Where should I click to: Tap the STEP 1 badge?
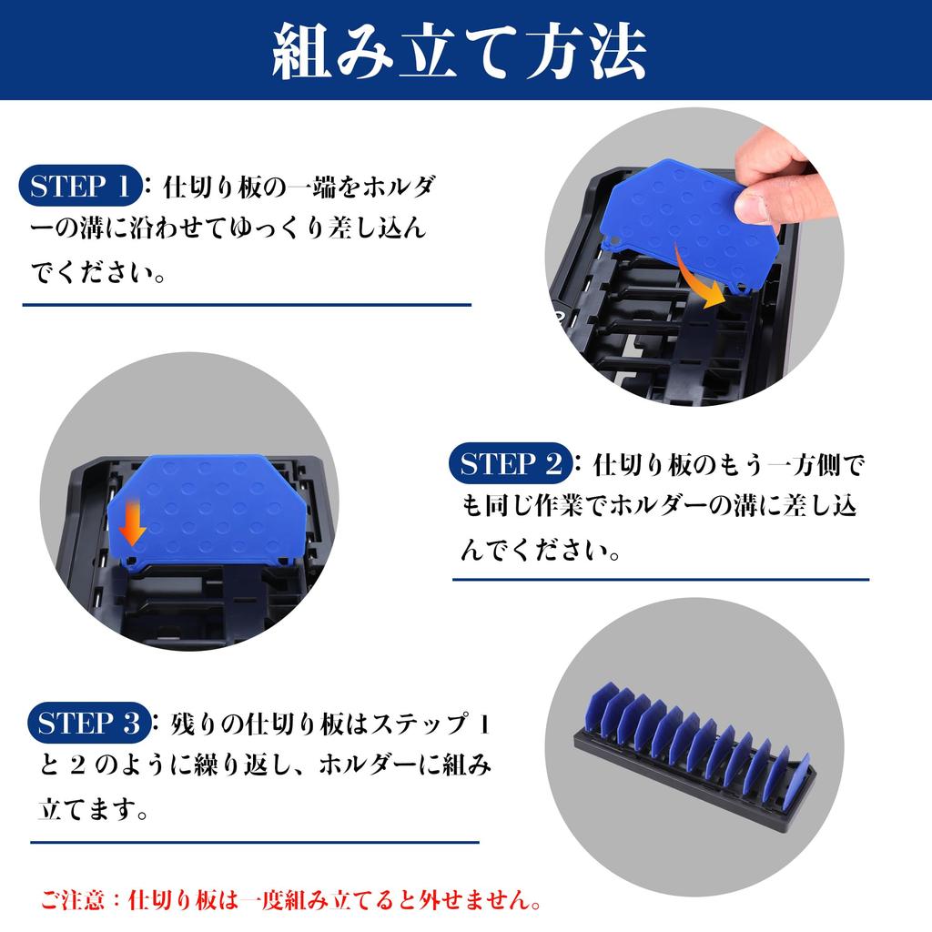(80, 187)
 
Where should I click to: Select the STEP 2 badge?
(511, 464)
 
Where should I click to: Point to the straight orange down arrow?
(132, 521)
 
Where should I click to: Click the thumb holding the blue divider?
(761, 200)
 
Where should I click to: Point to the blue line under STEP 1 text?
(247, 305)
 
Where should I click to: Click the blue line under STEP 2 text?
(661, 579)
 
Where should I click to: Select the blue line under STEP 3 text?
(254, 842)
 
